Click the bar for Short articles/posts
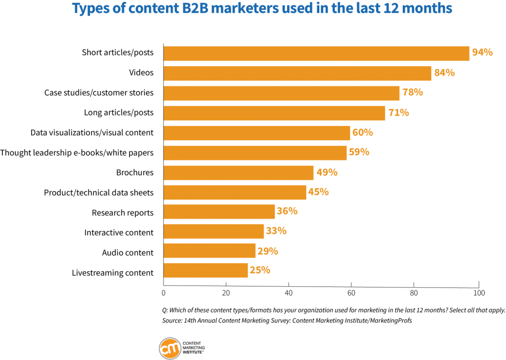coord(316,53)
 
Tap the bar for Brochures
coord(238,173)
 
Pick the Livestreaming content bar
coord(206,271)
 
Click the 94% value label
coord(482,52)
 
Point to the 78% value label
coord(413,92)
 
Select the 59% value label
coord(359,152)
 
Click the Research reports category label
coord(123,213)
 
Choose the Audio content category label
coord(127,252)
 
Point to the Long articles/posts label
coord(119,113)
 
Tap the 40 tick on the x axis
coord(289,293)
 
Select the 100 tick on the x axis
coord(478,293)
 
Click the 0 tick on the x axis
coord(164,293)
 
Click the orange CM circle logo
coord(169,349)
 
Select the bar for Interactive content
coord(213,231)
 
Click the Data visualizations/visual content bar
coord(256,133)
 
